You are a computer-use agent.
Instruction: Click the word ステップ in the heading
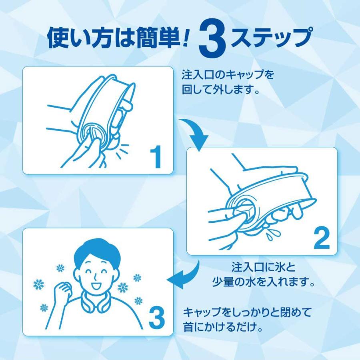click(271, 38)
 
